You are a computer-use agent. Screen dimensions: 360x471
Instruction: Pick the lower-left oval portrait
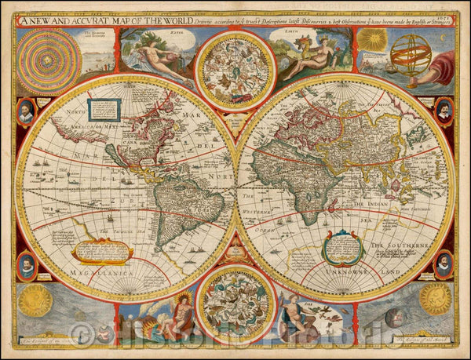coord(27,264)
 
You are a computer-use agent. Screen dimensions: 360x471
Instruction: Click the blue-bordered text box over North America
coord(104,110)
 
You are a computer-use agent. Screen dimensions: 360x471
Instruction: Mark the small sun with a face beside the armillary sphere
coord(373,41)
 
